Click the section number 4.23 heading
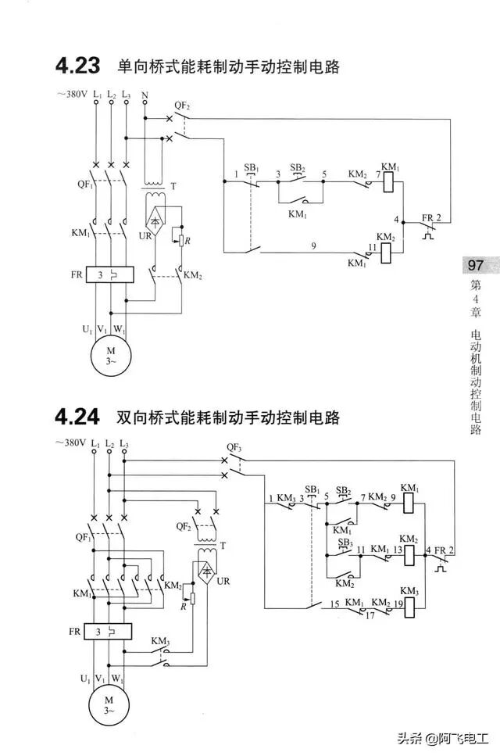(77, 66)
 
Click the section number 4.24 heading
(77, 417)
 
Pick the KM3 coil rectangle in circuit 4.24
(409, 606)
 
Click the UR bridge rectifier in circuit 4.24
(207, 573)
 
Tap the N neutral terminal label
(145, 95)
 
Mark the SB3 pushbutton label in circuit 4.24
(344, 542)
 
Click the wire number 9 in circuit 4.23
(313, 246)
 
